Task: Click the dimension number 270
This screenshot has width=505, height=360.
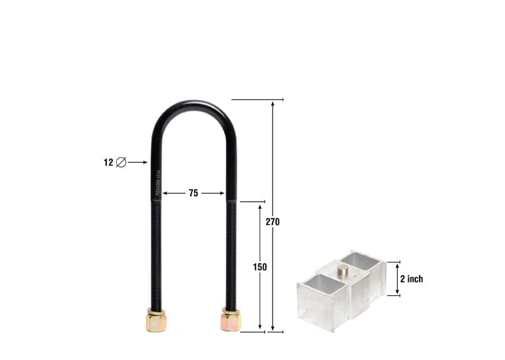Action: click(272, 222)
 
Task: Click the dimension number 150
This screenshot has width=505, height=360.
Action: click(260, 267)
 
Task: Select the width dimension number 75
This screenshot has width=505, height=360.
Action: click(193, 194)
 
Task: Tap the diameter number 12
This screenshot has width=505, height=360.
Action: click(108, 163)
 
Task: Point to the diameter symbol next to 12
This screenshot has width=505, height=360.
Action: click(121, 163)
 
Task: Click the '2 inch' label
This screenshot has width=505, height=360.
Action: click(411, 279)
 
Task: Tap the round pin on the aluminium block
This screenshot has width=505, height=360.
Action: click(343, 270)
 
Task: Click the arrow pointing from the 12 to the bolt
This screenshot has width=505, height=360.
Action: click(138, 163)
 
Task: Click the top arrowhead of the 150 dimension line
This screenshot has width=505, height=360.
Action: click(260, 206)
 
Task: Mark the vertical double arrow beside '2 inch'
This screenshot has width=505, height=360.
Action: click(396, 279)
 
